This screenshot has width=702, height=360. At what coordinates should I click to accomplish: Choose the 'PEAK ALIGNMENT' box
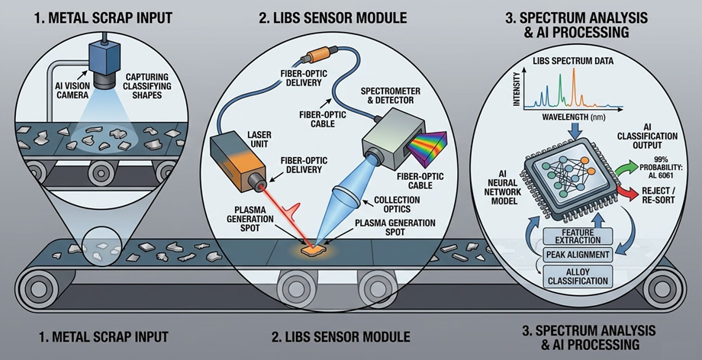click(576, 254)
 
